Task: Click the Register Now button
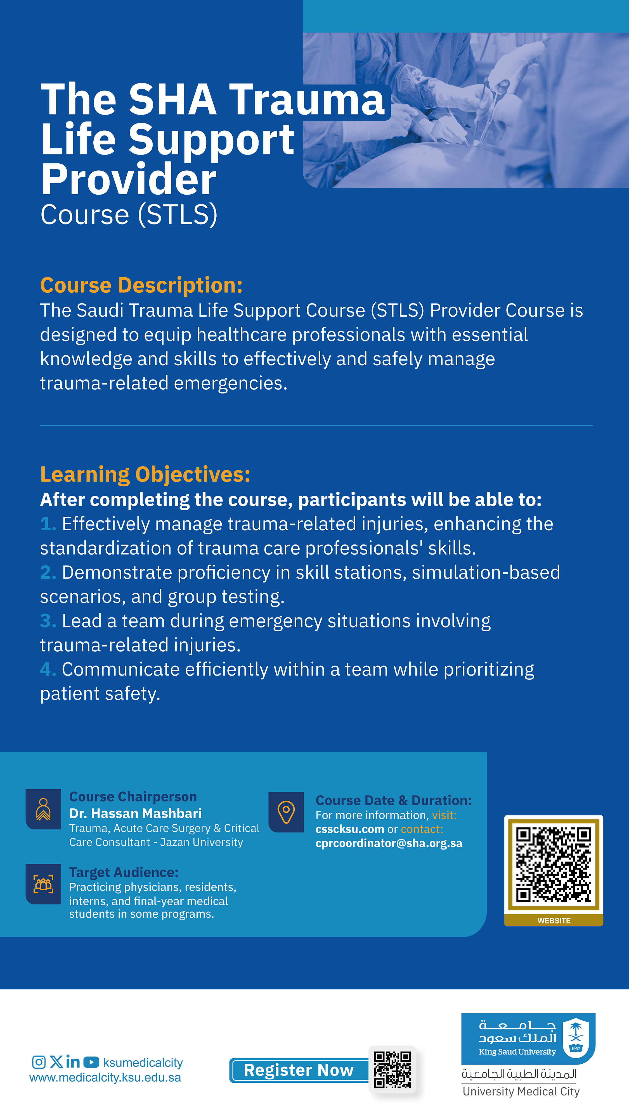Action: pos(299,1070)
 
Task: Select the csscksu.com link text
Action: pos(349,829)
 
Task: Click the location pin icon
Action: pos(286,812)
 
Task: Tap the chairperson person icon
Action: pos(43,809)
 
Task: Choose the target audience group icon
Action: pos(43,884)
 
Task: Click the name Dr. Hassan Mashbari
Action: pos(135,813)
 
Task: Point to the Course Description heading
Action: pos(141,285)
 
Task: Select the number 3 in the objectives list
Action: pos(47,621)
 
